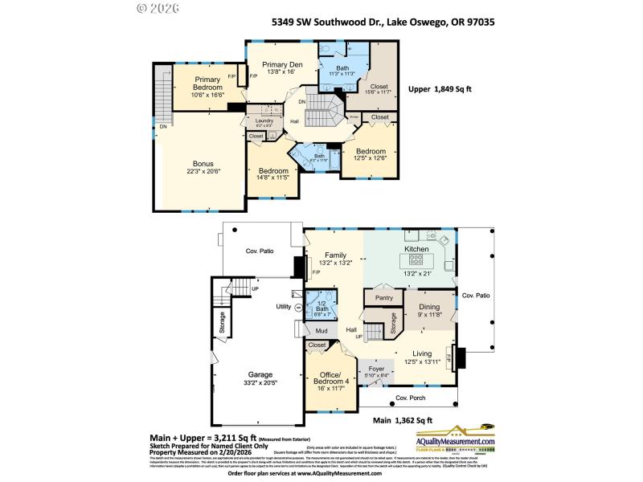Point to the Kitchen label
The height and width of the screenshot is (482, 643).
[x=416, y=250]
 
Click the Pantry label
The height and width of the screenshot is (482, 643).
[x=383, y=298]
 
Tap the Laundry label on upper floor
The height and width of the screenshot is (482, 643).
[x=264, y=120]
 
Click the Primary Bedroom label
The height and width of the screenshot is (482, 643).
[x=207, y=84]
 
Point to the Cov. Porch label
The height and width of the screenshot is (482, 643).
[x=409, y=398]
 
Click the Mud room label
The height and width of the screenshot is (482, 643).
[x=321, y=330]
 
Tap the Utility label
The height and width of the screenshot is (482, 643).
[x=283, y=306]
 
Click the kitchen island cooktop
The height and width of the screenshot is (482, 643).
[x=416, y=261]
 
